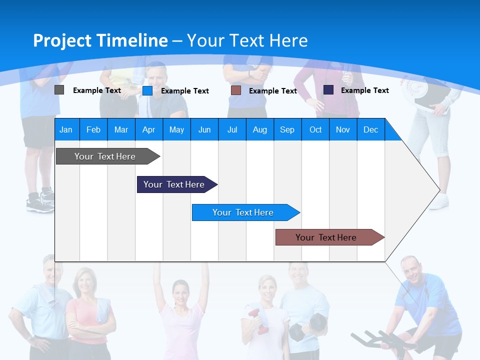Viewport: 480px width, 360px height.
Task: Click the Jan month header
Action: [x=66, y=129]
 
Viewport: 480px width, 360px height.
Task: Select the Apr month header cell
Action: [x=148, y=129]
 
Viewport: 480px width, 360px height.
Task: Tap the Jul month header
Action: [x=232, y=129]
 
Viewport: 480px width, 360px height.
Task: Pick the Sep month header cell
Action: [x=287, y=129]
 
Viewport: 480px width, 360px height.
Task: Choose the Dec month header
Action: [x=370, y=129]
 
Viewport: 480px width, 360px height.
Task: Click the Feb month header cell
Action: [x=93, y=129]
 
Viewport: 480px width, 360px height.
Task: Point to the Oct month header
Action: [x=315, y=129]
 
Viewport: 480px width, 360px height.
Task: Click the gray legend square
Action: [x=59, y=90]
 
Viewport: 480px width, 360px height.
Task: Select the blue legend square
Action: [x=147, y=90]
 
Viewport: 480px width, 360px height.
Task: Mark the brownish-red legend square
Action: [x=236, y=90]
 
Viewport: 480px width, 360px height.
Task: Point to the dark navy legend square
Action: [x=328, y=90]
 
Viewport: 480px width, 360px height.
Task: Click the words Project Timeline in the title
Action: [x=100, y=40]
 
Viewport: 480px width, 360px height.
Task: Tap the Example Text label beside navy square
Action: [x=364, y=90]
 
